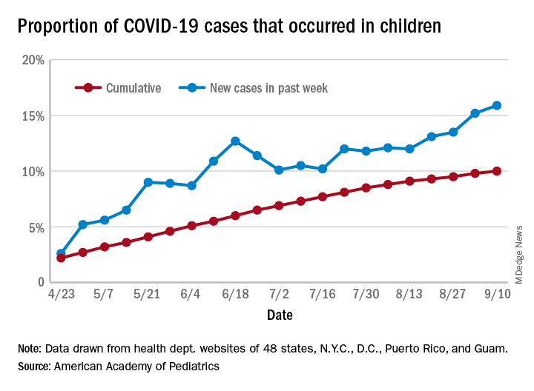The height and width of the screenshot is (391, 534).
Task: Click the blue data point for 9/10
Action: pos(497,105)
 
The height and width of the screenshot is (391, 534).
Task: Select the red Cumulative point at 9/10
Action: pos(497,171)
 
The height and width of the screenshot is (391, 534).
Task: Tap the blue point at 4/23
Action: pos(61,253)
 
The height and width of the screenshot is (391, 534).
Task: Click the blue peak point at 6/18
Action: pos(235,141)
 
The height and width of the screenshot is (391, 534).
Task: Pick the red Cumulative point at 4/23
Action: pos(61,258)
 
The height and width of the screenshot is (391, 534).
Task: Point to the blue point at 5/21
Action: pos(148,182)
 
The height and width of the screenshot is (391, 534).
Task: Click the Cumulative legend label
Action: pos(133,88)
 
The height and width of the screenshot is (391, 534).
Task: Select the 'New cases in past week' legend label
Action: pos(269,88)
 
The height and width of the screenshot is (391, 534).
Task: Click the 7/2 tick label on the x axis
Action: pos(279,295)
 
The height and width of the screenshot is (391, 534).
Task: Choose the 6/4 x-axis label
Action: pos(191,295)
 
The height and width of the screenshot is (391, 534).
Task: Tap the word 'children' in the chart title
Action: pos(404,27)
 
